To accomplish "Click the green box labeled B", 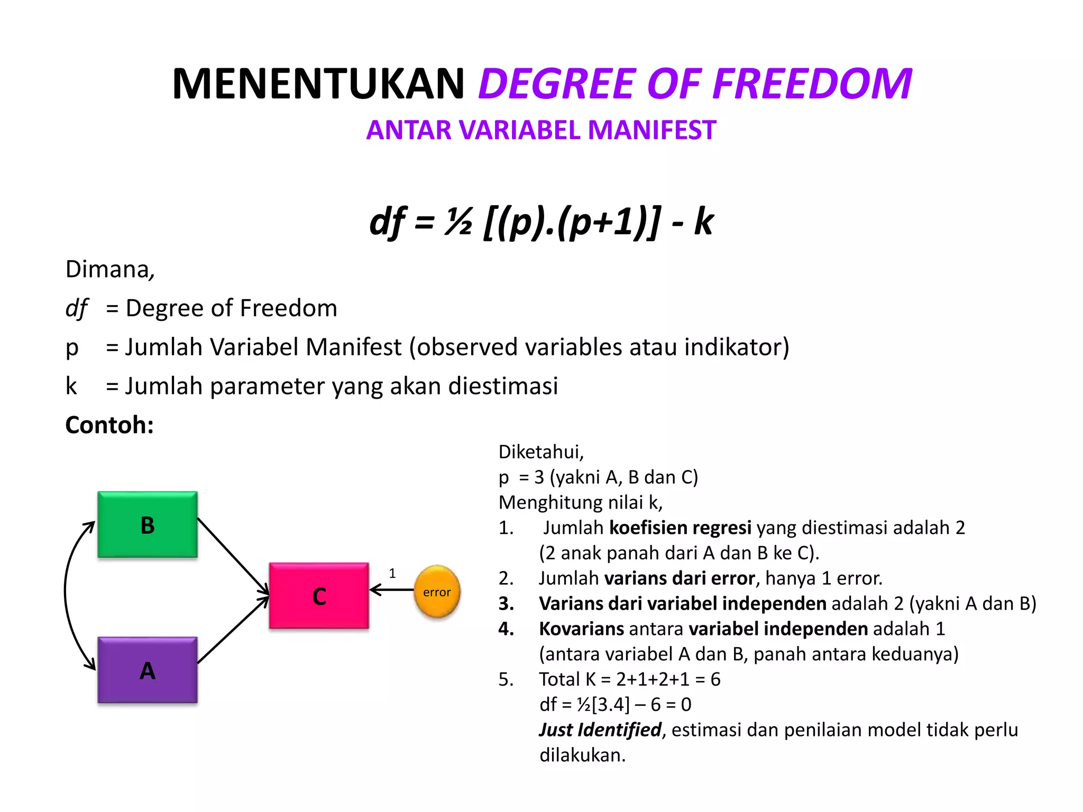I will pos(148,524).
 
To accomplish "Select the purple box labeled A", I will pos(148,670).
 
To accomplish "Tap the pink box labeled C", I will pos(319,596).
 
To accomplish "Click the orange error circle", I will pos(437,592).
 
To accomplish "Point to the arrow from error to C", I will pos(392,589).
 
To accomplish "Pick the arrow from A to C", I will pos(233,630).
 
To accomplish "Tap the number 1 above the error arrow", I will pos(392,574).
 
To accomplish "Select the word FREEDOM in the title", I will pos(812,84).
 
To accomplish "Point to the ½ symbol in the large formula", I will pos(458,222).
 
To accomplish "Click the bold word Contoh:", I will pos(109,425).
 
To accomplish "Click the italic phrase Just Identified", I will pos(600,730).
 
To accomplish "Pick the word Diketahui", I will pos(540,452).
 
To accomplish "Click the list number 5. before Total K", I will pos(506,679).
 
